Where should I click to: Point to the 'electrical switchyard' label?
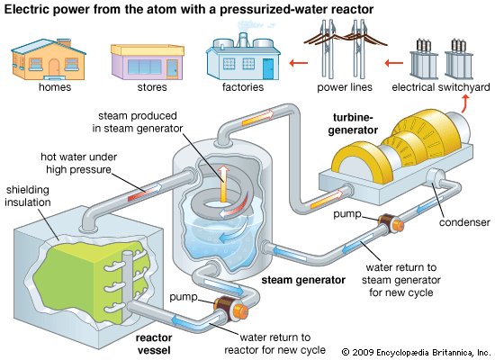pyautogui.click(x=441, y=88)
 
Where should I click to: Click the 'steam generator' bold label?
pyautogui.click(x=302, y=280)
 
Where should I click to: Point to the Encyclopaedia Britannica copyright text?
pyautogui.click(x=416, y=350)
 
